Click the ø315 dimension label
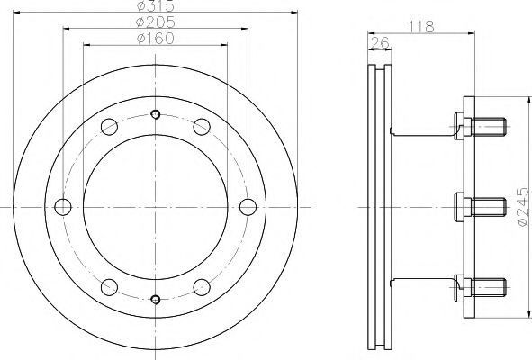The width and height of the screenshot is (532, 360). [156, 5]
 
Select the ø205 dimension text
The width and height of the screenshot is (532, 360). [156, 22]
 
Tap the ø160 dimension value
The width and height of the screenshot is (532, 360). [156, 39]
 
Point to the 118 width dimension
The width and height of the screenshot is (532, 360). [421, 27]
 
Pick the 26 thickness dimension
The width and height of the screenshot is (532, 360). [379, 43]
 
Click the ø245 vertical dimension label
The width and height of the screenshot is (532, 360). [523, 207]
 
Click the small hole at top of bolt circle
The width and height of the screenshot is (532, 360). [156, 114]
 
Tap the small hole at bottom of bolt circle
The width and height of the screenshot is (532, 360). [156, 300]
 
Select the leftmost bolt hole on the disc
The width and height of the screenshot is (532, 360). [63, 207]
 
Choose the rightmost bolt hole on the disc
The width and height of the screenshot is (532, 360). [248, 207]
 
